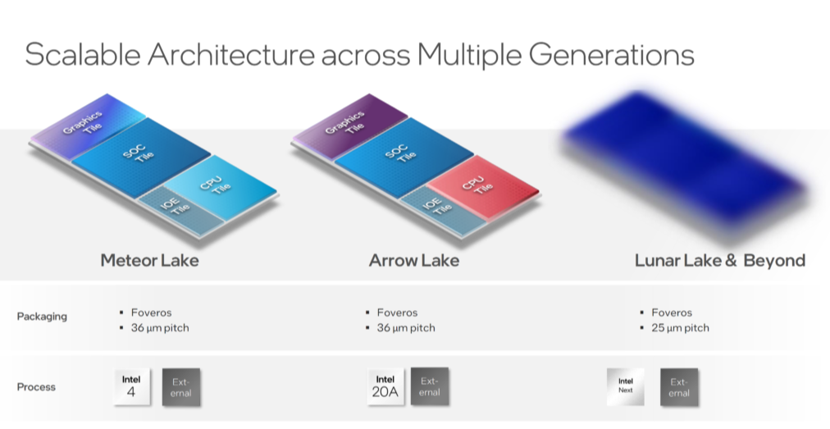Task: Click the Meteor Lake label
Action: point(150,261)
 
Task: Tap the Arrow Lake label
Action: point(414,261)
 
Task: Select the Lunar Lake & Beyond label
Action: point(720,261)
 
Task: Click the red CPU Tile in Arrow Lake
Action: point(483,186)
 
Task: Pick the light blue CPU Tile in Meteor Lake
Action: point(220,186)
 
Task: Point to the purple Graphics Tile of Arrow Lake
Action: point(349,126)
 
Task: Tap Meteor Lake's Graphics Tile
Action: point(86,126)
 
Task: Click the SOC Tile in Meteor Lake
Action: point(140,156)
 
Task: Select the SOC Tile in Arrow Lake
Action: point(404,156)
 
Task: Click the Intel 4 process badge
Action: point(131,386)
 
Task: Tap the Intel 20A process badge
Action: point(385,386)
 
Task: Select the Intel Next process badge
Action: point(626,386)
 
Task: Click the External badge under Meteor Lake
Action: point(181,387)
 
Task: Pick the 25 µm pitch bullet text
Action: point(680,328)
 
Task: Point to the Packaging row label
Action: point(42,317)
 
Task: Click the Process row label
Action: point(36,386)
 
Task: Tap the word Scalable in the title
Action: point(83,54)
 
